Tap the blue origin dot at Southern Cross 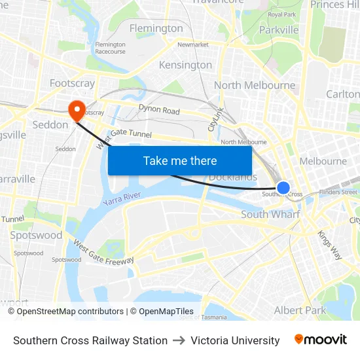[283, 188]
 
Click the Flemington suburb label [156, 28]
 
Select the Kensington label [185, 65]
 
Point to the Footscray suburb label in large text [72, 83]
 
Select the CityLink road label [216, 119]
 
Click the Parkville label [279, 29]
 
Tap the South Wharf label [270, 214]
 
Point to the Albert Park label [300, 310]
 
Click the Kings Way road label [329, 245]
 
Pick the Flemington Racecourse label [110, 48]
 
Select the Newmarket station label [192, 45]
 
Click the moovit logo [320, 340]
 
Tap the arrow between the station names [179, 340]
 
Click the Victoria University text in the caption [235, 340]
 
